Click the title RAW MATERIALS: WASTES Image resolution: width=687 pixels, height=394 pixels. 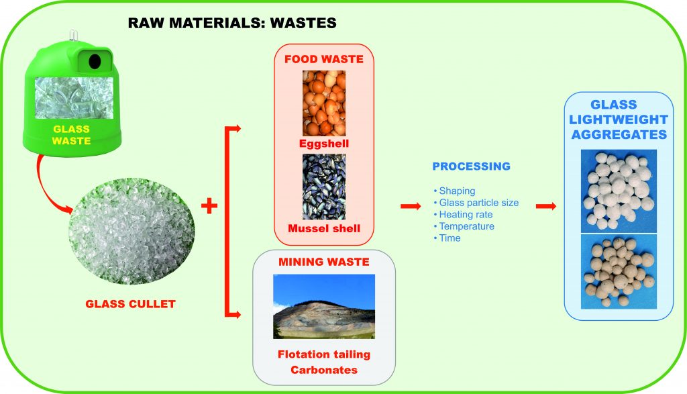pos(232,23)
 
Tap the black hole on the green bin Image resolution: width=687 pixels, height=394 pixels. pos(95,61)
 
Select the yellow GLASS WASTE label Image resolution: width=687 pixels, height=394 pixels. pos(71,135)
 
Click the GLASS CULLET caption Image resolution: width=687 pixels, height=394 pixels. pos(131,304)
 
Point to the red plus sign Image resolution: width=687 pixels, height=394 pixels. pos(209,205)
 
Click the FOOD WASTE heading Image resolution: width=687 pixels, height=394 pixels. pos(324,59)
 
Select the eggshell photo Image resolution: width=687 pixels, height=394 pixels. pos(324,103)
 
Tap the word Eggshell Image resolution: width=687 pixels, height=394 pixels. pos(324,144)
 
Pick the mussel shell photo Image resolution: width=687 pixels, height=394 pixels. pos(324,187)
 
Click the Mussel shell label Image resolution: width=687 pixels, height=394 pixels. pos(324,228)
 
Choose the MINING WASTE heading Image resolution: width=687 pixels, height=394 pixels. pos(324,262)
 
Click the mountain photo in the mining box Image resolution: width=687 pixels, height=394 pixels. pos(324,306)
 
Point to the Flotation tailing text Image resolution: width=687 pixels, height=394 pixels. pos(324,354)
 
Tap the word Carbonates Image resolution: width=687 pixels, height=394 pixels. pos(324,370)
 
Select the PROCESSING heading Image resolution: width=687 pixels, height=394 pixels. pos(472,166)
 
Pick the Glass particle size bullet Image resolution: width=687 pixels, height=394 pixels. pos(476,203)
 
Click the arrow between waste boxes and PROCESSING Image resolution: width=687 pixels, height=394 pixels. pos(411,206)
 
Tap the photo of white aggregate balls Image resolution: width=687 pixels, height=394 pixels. pos(619,191)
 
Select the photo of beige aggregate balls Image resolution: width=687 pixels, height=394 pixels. pos(619,271)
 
